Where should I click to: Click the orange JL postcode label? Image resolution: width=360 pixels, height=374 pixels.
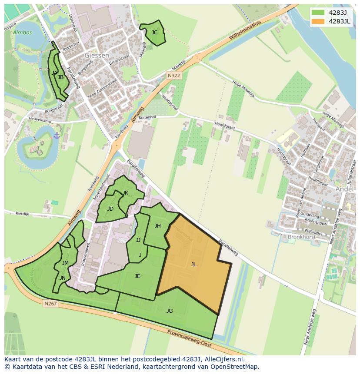click(x=193, y=264)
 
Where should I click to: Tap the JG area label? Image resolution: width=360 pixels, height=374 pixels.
click(x=170, y=311)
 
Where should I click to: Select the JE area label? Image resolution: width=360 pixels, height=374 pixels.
click(x=137, y=276)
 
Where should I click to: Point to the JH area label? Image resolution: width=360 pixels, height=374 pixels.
click(x=158, y=225)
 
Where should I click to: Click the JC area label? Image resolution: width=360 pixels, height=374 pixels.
click(x=154, y=32)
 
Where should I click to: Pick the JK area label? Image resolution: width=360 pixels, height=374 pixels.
click(x=125, y=193)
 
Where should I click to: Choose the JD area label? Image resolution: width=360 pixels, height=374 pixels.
click(x=110, y=209)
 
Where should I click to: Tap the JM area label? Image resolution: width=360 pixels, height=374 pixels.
click(x=65, y=263)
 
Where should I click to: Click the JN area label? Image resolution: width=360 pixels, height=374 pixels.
click(x=63, y=278)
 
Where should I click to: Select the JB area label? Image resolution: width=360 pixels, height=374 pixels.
click(x=61, y=77)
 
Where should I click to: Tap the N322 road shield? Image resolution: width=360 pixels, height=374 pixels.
click(x=174, y=76)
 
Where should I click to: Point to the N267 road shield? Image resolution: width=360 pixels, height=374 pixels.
click(x=50, y=304)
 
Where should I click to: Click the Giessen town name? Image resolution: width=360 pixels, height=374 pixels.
click(x=97, y=56)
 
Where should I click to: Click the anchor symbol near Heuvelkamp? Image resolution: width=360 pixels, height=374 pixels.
click(x=56, y=136)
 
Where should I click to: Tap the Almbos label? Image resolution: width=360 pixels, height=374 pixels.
click(x=22, y=33)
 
